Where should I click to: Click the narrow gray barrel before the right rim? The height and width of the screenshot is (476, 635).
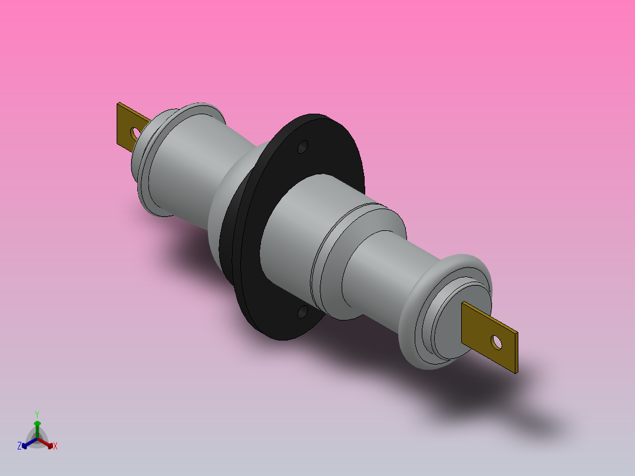click(x=383, y=265)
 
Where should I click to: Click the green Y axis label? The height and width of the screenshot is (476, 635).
click(x=37, y=414)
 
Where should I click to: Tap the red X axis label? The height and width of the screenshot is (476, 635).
click(x=55, y=447)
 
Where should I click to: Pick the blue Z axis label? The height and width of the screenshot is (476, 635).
click(x=19, y=447)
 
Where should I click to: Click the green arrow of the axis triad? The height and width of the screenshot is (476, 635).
click(x=37, y=425)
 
